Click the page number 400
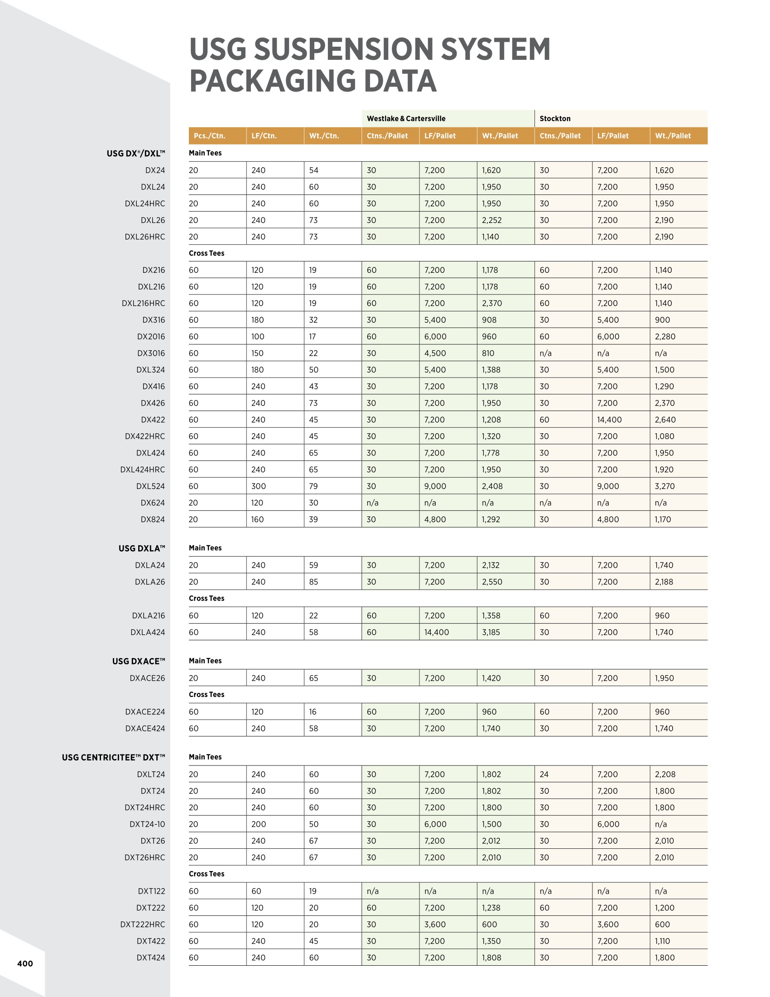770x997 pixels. tap(25, 963)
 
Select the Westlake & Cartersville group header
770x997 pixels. tap(406, 119)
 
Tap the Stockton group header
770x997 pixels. tap(555, 119)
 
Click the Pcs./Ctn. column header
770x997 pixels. tap(209, 136)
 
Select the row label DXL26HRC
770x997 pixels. tap(144, 237)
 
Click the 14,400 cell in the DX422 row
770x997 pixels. tap(609, 420)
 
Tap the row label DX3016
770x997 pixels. tap(150, 353)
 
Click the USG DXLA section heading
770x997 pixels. tap(141, 548)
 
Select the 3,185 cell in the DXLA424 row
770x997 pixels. tap(491, 632)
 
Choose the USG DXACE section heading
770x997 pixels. tap(138, 661)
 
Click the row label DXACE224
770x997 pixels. tap(144, 711)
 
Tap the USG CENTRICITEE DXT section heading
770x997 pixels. tap(113, 757)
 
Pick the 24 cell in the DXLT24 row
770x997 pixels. tap(544, 774)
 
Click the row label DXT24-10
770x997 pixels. tap(147, 824)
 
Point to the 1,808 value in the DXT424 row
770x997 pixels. tap(491, 958)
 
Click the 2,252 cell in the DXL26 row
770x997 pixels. tap(491, 220)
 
